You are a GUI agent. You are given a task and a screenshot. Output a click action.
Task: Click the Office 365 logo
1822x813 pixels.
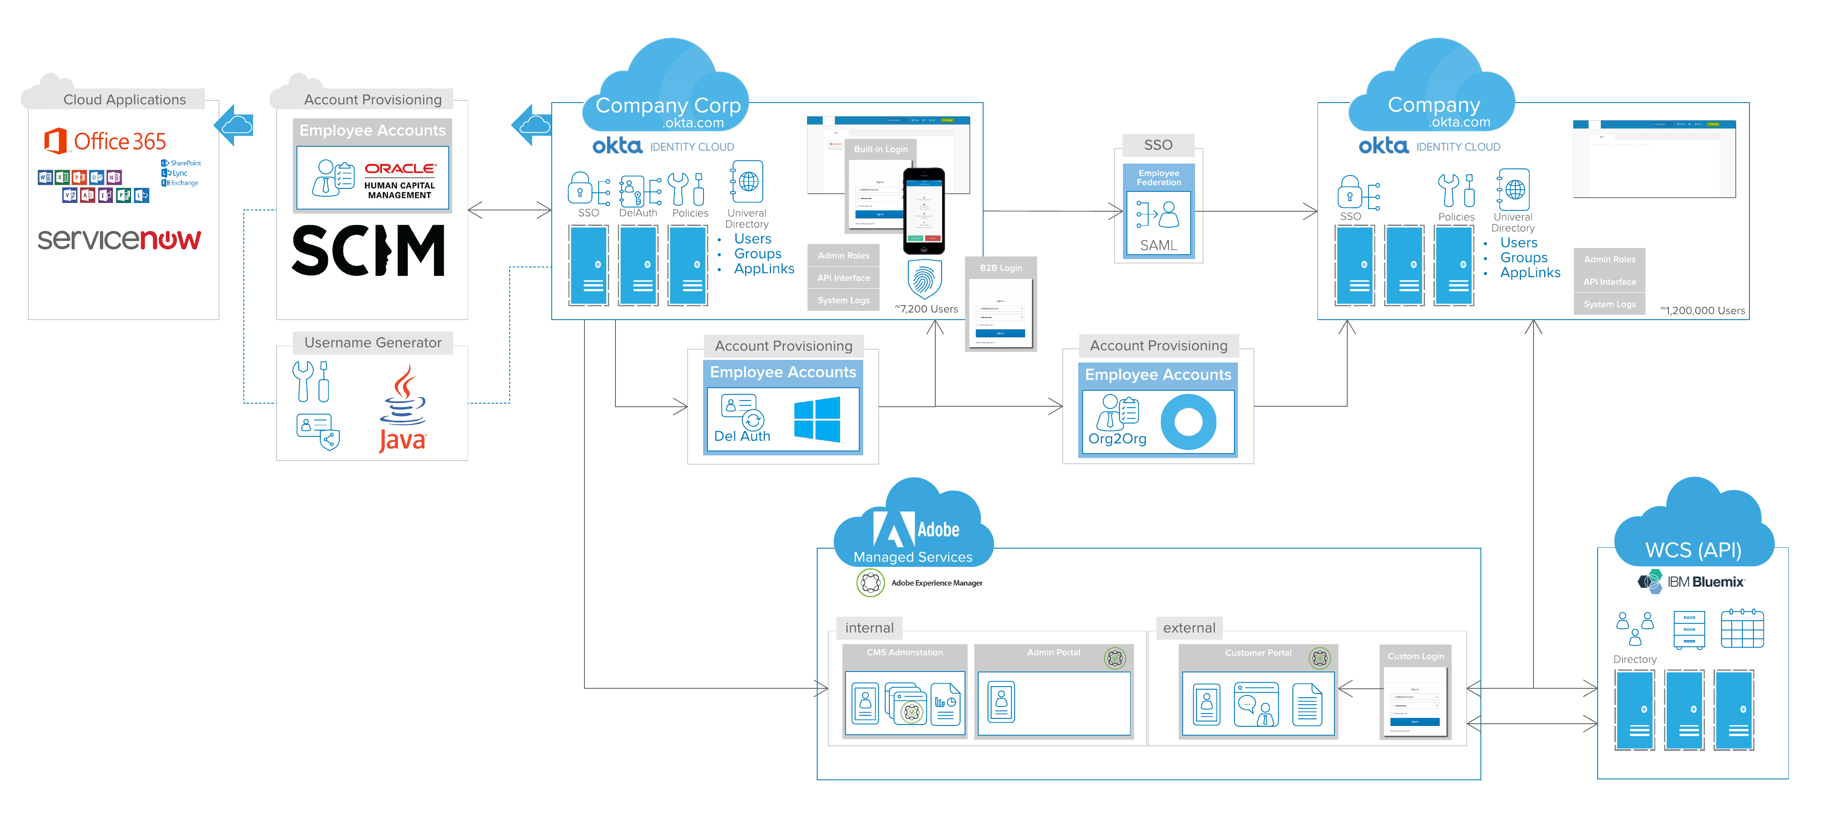[x=105, y=141]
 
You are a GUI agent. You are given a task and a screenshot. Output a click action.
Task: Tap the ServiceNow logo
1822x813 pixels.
[x=119, y=240]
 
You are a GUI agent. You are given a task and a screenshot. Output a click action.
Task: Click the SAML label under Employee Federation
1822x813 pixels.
[x=1158, y=245]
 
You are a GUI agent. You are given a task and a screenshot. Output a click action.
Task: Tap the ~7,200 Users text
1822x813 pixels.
[x=926, y=309]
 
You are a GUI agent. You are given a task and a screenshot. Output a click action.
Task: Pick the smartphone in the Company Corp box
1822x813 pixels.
[x=924, y=211]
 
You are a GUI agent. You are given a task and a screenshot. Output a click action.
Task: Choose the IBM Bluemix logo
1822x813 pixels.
[x=1691, y=582]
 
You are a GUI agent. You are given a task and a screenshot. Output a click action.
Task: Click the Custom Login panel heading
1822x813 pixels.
[x=1415, y=656]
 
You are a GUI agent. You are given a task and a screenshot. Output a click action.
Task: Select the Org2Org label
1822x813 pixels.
[x=1117, y=439]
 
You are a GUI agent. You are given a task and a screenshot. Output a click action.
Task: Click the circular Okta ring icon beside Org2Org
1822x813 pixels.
[x=1188, y=422]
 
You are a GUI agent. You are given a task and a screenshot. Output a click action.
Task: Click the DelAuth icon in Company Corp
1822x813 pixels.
[x=639, y=191]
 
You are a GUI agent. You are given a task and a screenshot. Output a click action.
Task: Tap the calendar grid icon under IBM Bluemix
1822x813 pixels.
[x=1741, y=629]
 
